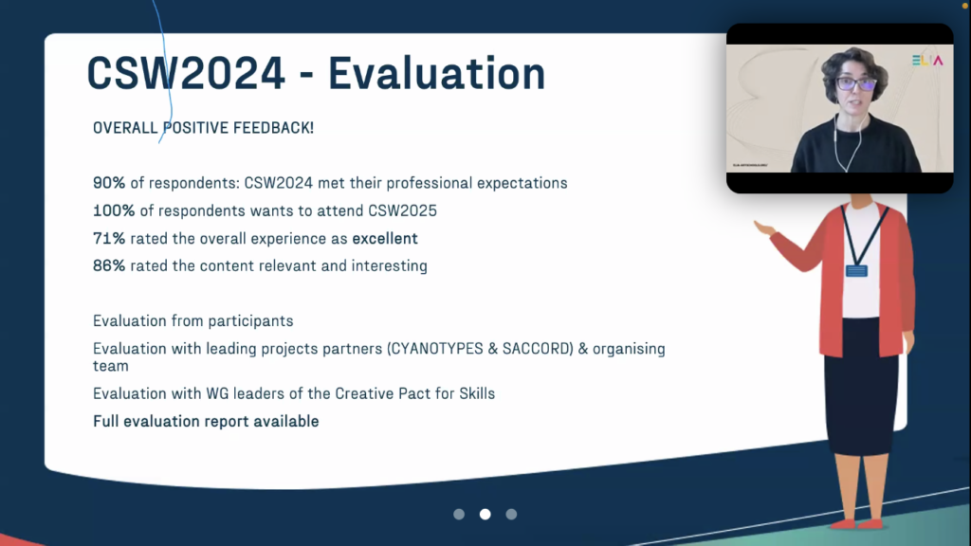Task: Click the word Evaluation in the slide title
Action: coord(436,74)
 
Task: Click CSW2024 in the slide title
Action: coord(186,74)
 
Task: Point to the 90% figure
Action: coord(109,183)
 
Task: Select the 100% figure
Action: coord(114,211)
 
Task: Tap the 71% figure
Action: coord(109,238)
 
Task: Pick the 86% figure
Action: coord(109,265)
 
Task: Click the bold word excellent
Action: coord(385,238)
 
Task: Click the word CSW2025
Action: coord(402,211)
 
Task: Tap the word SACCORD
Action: coord(536,349)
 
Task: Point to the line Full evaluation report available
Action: coord(206,422)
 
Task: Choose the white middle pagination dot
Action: coord(485,514)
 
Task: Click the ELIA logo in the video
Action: coord(927,60)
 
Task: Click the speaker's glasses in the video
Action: coord(856,83)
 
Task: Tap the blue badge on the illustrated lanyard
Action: coord(856,270)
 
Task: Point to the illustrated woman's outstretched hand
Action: coord(765,228)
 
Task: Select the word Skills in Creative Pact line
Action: coord(477,393)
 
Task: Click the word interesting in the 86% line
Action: coord(390,266)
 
